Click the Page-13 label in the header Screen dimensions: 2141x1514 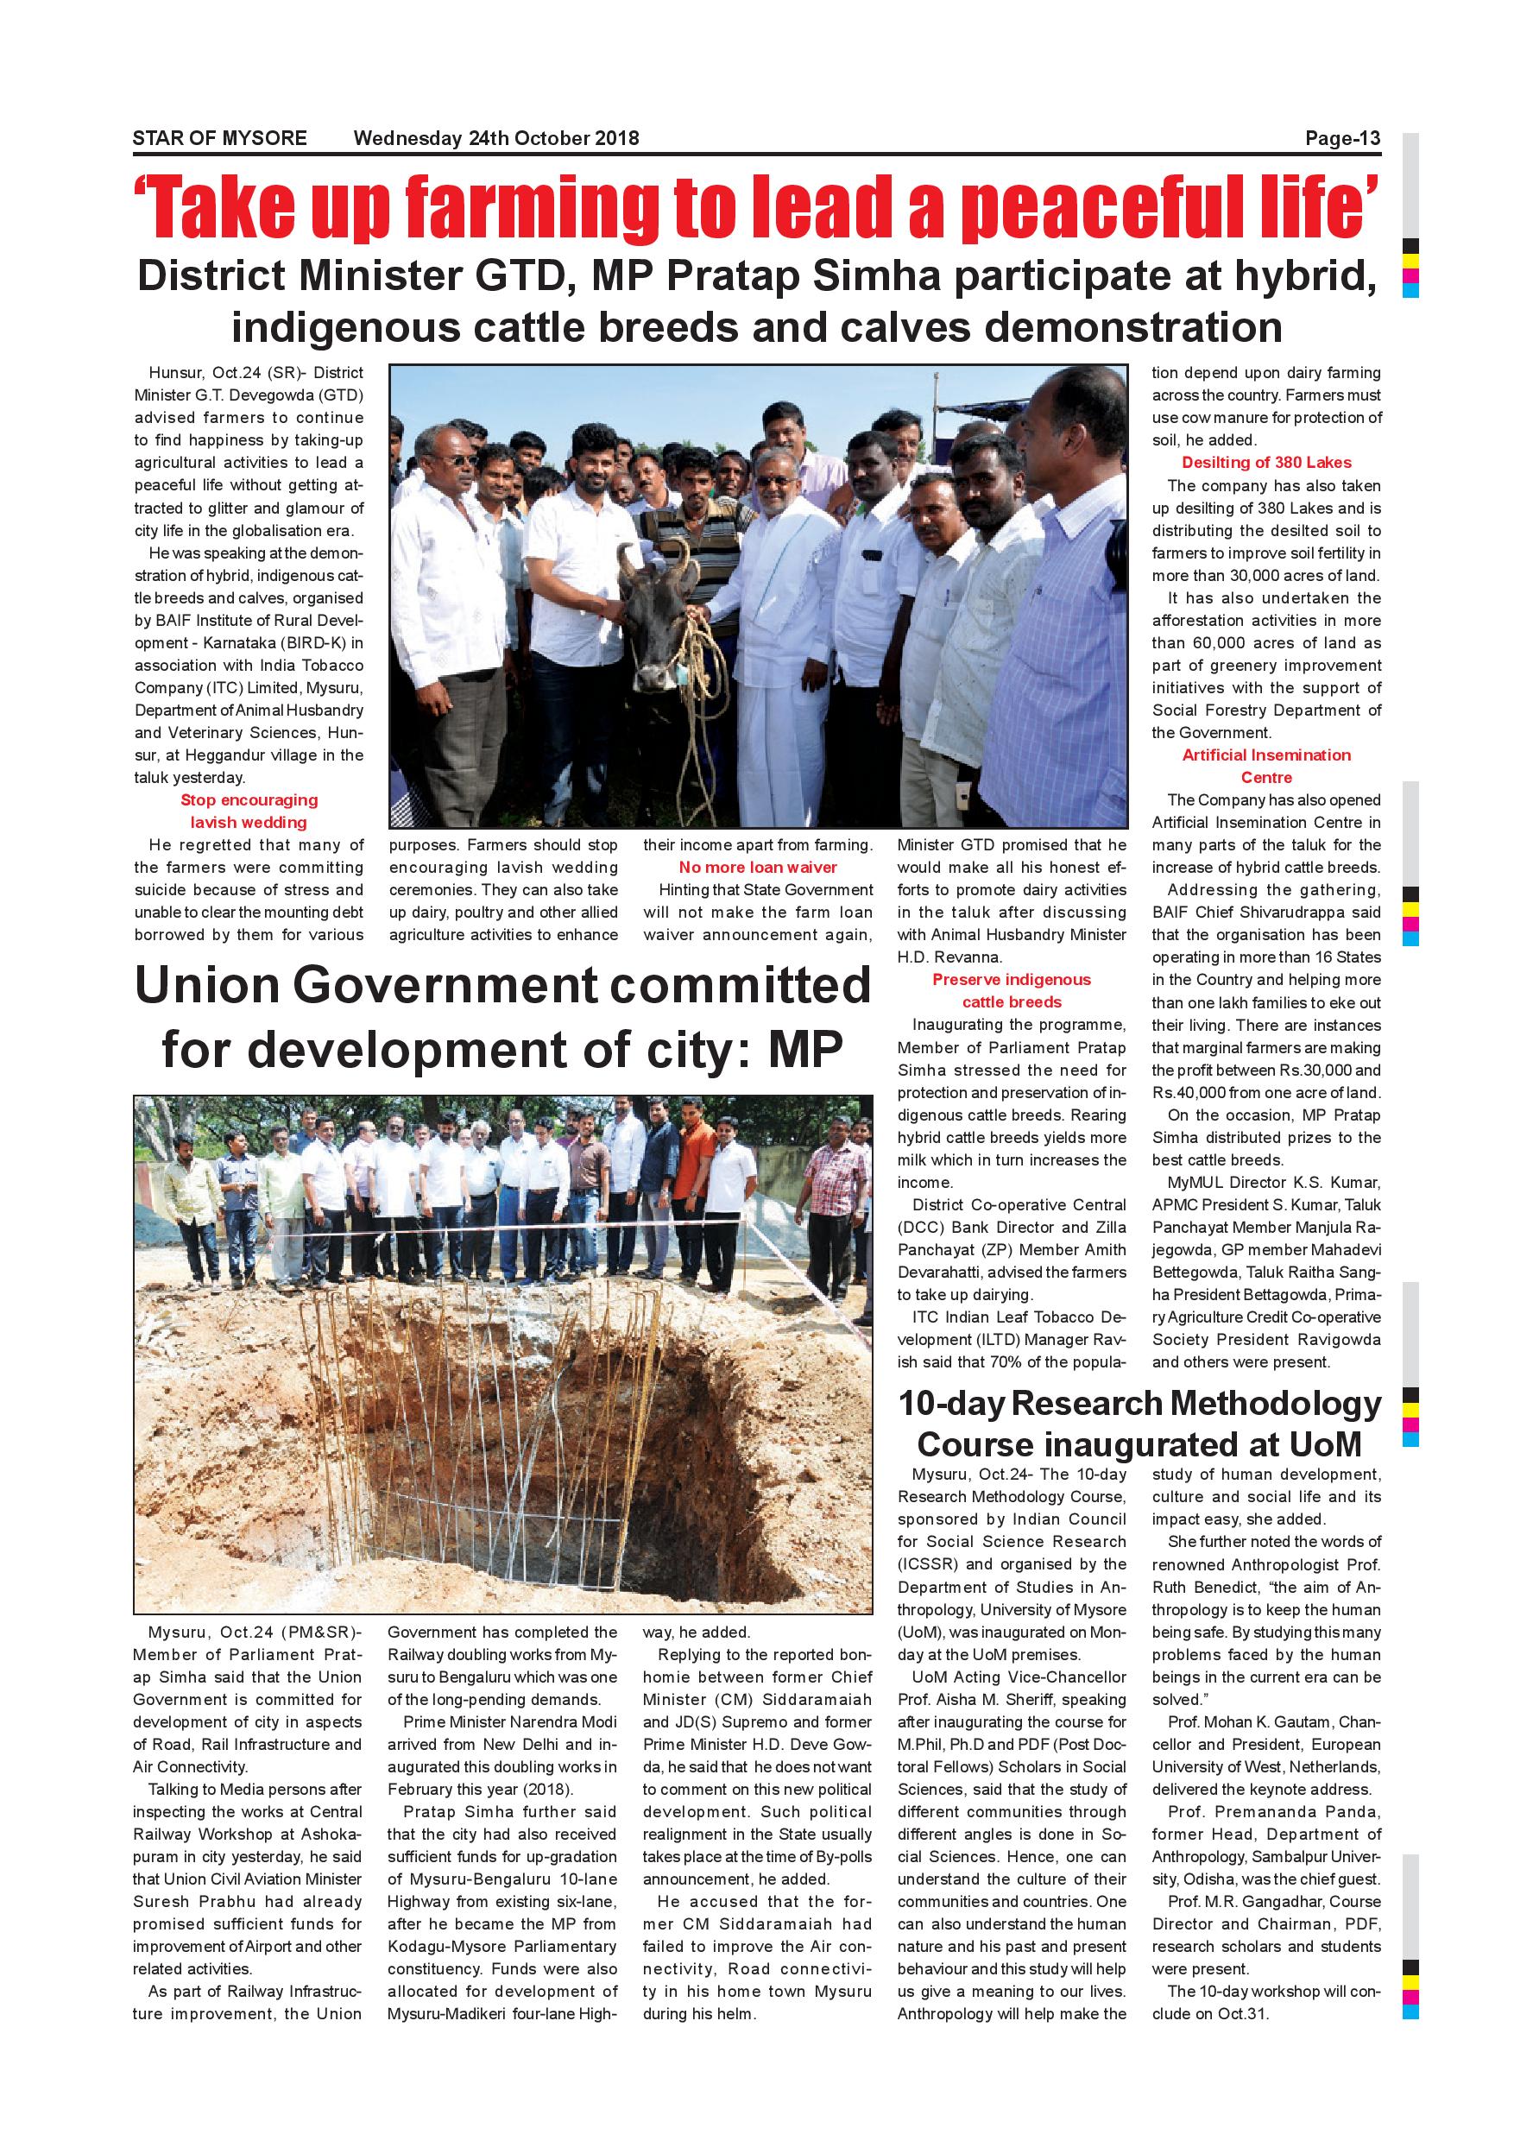click(x=1341, y=139)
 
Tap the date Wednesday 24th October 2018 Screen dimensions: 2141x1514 click(x=496, y=139)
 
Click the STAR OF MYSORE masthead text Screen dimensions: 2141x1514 click(x=219, y=139)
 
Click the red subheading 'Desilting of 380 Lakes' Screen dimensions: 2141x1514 click(x=1266, y=463)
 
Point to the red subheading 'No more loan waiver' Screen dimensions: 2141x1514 click(x=757, y=868)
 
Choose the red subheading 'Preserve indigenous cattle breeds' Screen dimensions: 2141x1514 click(x=1012, y=991)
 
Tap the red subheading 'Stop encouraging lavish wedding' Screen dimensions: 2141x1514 click(x=249, y=812)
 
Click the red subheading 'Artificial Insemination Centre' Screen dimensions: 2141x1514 click(x=1266, y=767)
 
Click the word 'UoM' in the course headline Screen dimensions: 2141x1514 click(x=1325, y=1444)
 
